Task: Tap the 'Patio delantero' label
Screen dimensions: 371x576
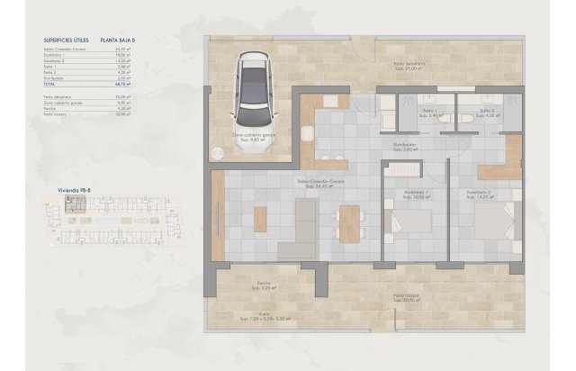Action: click(x=409, y=66)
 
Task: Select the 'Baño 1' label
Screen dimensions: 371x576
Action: click(x=428, y=112)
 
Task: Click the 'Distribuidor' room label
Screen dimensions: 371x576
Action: click(x=402, y=145)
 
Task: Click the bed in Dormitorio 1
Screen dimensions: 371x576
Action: click(x=410, y=221)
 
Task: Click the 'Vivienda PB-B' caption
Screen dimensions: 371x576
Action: click(x=58, y=192)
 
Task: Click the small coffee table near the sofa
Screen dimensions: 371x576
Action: click(x=260, y=219)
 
